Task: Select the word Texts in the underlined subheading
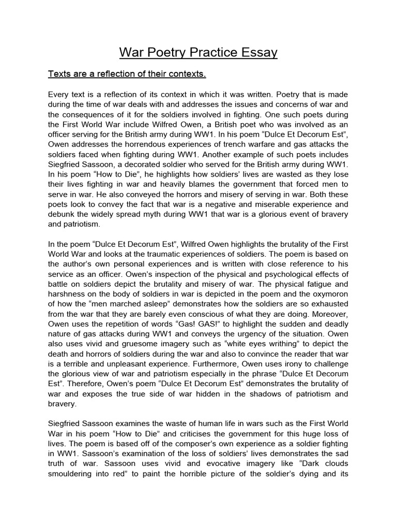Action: (60, 74)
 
